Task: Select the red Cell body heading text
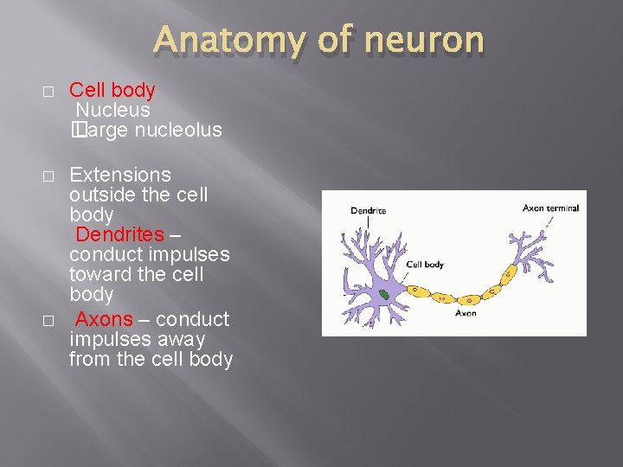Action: tap(112, 90)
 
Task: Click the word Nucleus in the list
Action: tap(113, 110)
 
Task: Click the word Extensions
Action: tap(120, 175)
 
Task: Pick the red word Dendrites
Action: tap(120, 234)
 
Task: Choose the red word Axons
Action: tap(105, 319)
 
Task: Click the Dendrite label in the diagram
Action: tap(368, 210)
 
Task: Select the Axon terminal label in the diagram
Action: tap(550, 208)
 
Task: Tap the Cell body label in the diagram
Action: tap(425, 265)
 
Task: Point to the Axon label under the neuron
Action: tap(466, 313)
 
